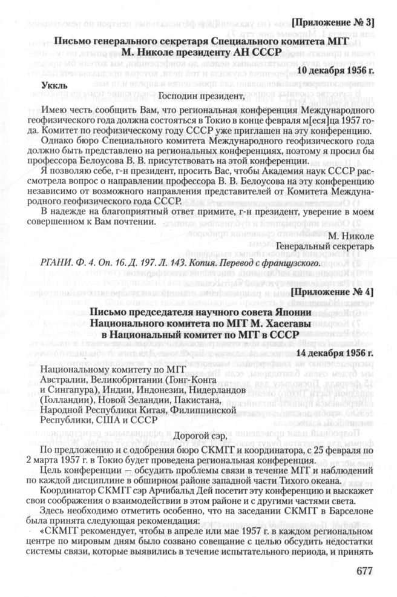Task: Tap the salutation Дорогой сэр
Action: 200,436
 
